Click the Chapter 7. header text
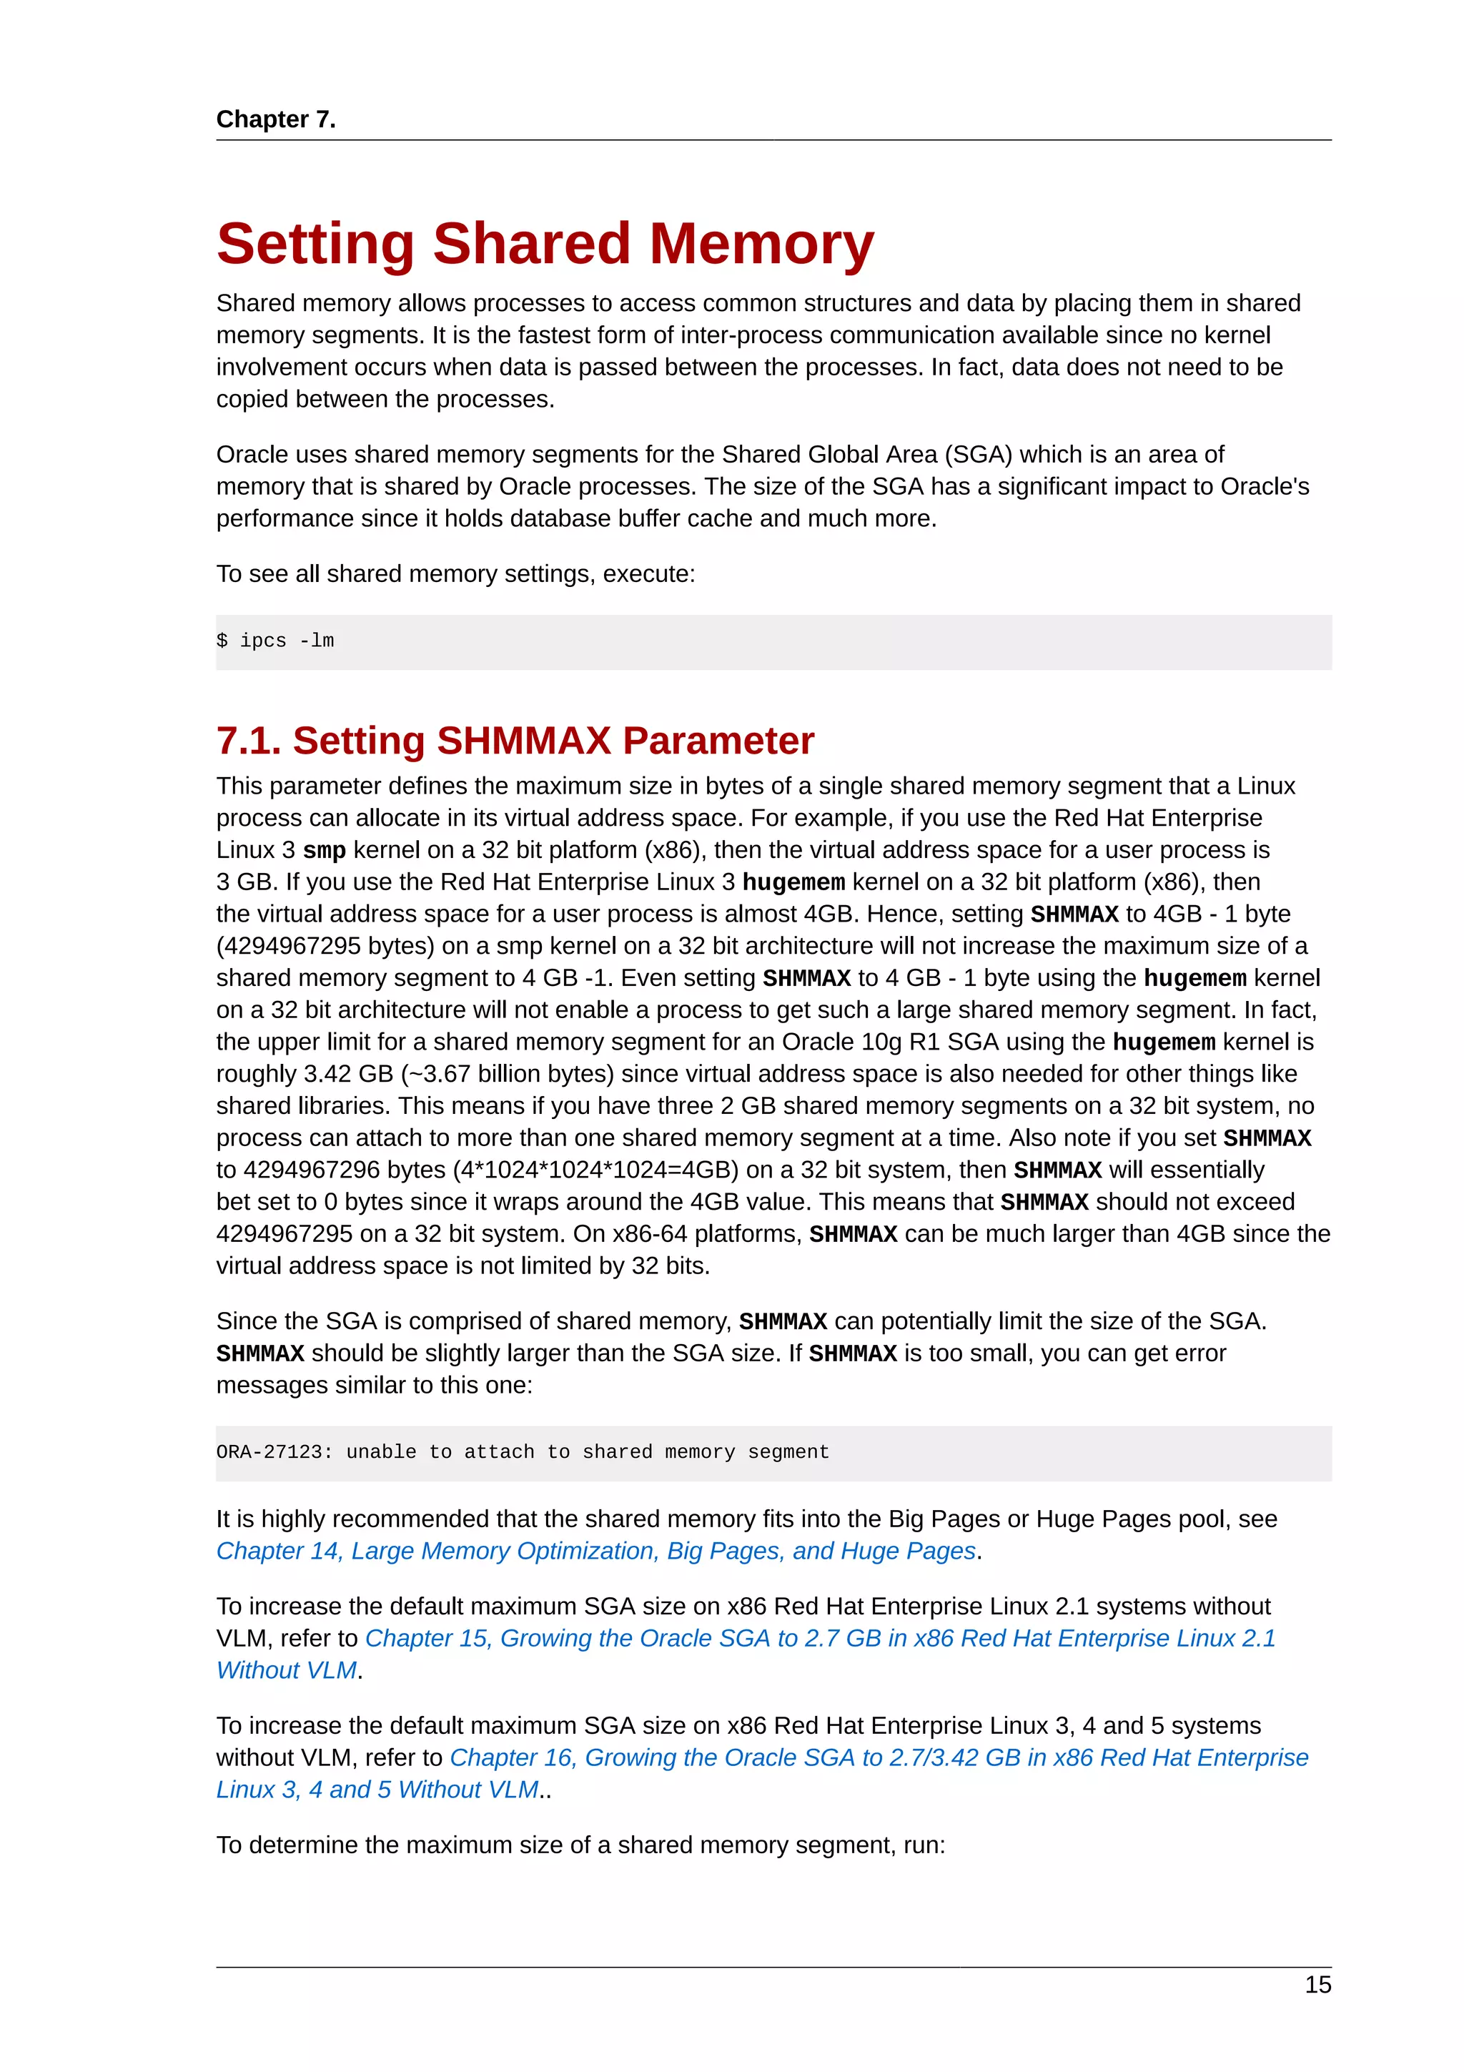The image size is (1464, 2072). [275, 119]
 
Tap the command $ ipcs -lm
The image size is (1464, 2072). [275, 641]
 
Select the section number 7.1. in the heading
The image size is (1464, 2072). [248, 741]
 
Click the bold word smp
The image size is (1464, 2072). [324, 850]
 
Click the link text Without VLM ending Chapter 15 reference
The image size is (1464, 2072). [287, 1670]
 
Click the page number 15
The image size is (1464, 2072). [1317, 1985]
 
